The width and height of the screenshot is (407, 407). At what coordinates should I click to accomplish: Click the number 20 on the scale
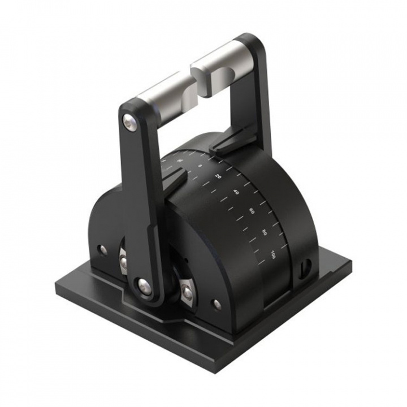tap(218, 176)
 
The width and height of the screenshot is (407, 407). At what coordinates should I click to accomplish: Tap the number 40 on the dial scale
tap(236, 192)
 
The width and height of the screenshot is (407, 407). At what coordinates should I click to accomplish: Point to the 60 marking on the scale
tap(252, 211)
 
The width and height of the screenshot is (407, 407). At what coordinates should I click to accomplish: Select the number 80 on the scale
tap(265, 232)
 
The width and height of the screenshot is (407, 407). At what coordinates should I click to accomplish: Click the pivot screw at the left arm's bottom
tap(144, 285)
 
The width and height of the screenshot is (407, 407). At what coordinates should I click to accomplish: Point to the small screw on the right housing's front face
tap(217, 304)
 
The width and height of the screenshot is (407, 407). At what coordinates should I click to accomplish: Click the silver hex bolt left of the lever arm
tap(123, 261)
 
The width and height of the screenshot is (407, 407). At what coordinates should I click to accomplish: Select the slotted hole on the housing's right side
tap(307, 265)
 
